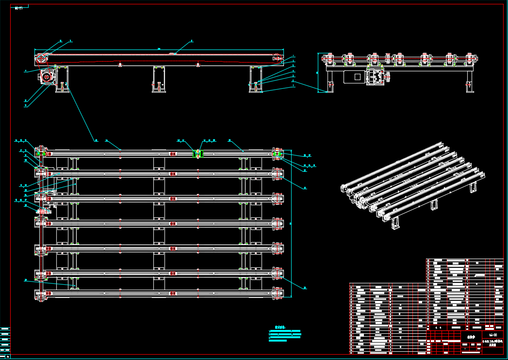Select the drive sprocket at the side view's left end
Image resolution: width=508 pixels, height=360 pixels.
pyautogui.click(x=41, y=59)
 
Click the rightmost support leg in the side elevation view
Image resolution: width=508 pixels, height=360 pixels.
pyautogui.click(x=256, y=79)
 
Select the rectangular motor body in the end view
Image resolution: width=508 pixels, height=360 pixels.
pyautogui.click(x=354, y=77)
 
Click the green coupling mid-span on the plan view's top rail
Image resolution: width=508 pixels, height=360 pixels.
pyautogui.click(x=198, y=154)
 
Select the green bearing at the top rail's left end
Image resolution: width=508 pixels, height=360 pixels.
pyautogui.click(x=43, y=154)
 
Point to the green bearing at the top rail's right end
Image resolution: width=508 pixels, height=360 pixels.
pyautogui.click(x=277, y=154)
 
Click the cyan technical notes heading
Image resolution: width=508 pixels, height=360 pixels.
pyautogui.click(x=279, y=327)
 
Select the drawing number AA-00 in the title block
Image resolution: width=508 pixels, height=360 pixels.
pyautogui.click(x=493, y=335)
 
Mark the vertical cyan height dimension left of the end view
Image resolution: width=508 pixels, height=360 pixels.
pyautogui.click(x=319, y=72)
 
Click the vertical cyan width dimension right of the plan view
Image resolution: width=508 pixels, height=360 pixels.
pyautogui.click(x=292, y=223)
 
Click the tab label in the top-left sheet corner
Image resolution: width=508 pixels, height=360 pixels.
pyautogui.click(x=19, y=8)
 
